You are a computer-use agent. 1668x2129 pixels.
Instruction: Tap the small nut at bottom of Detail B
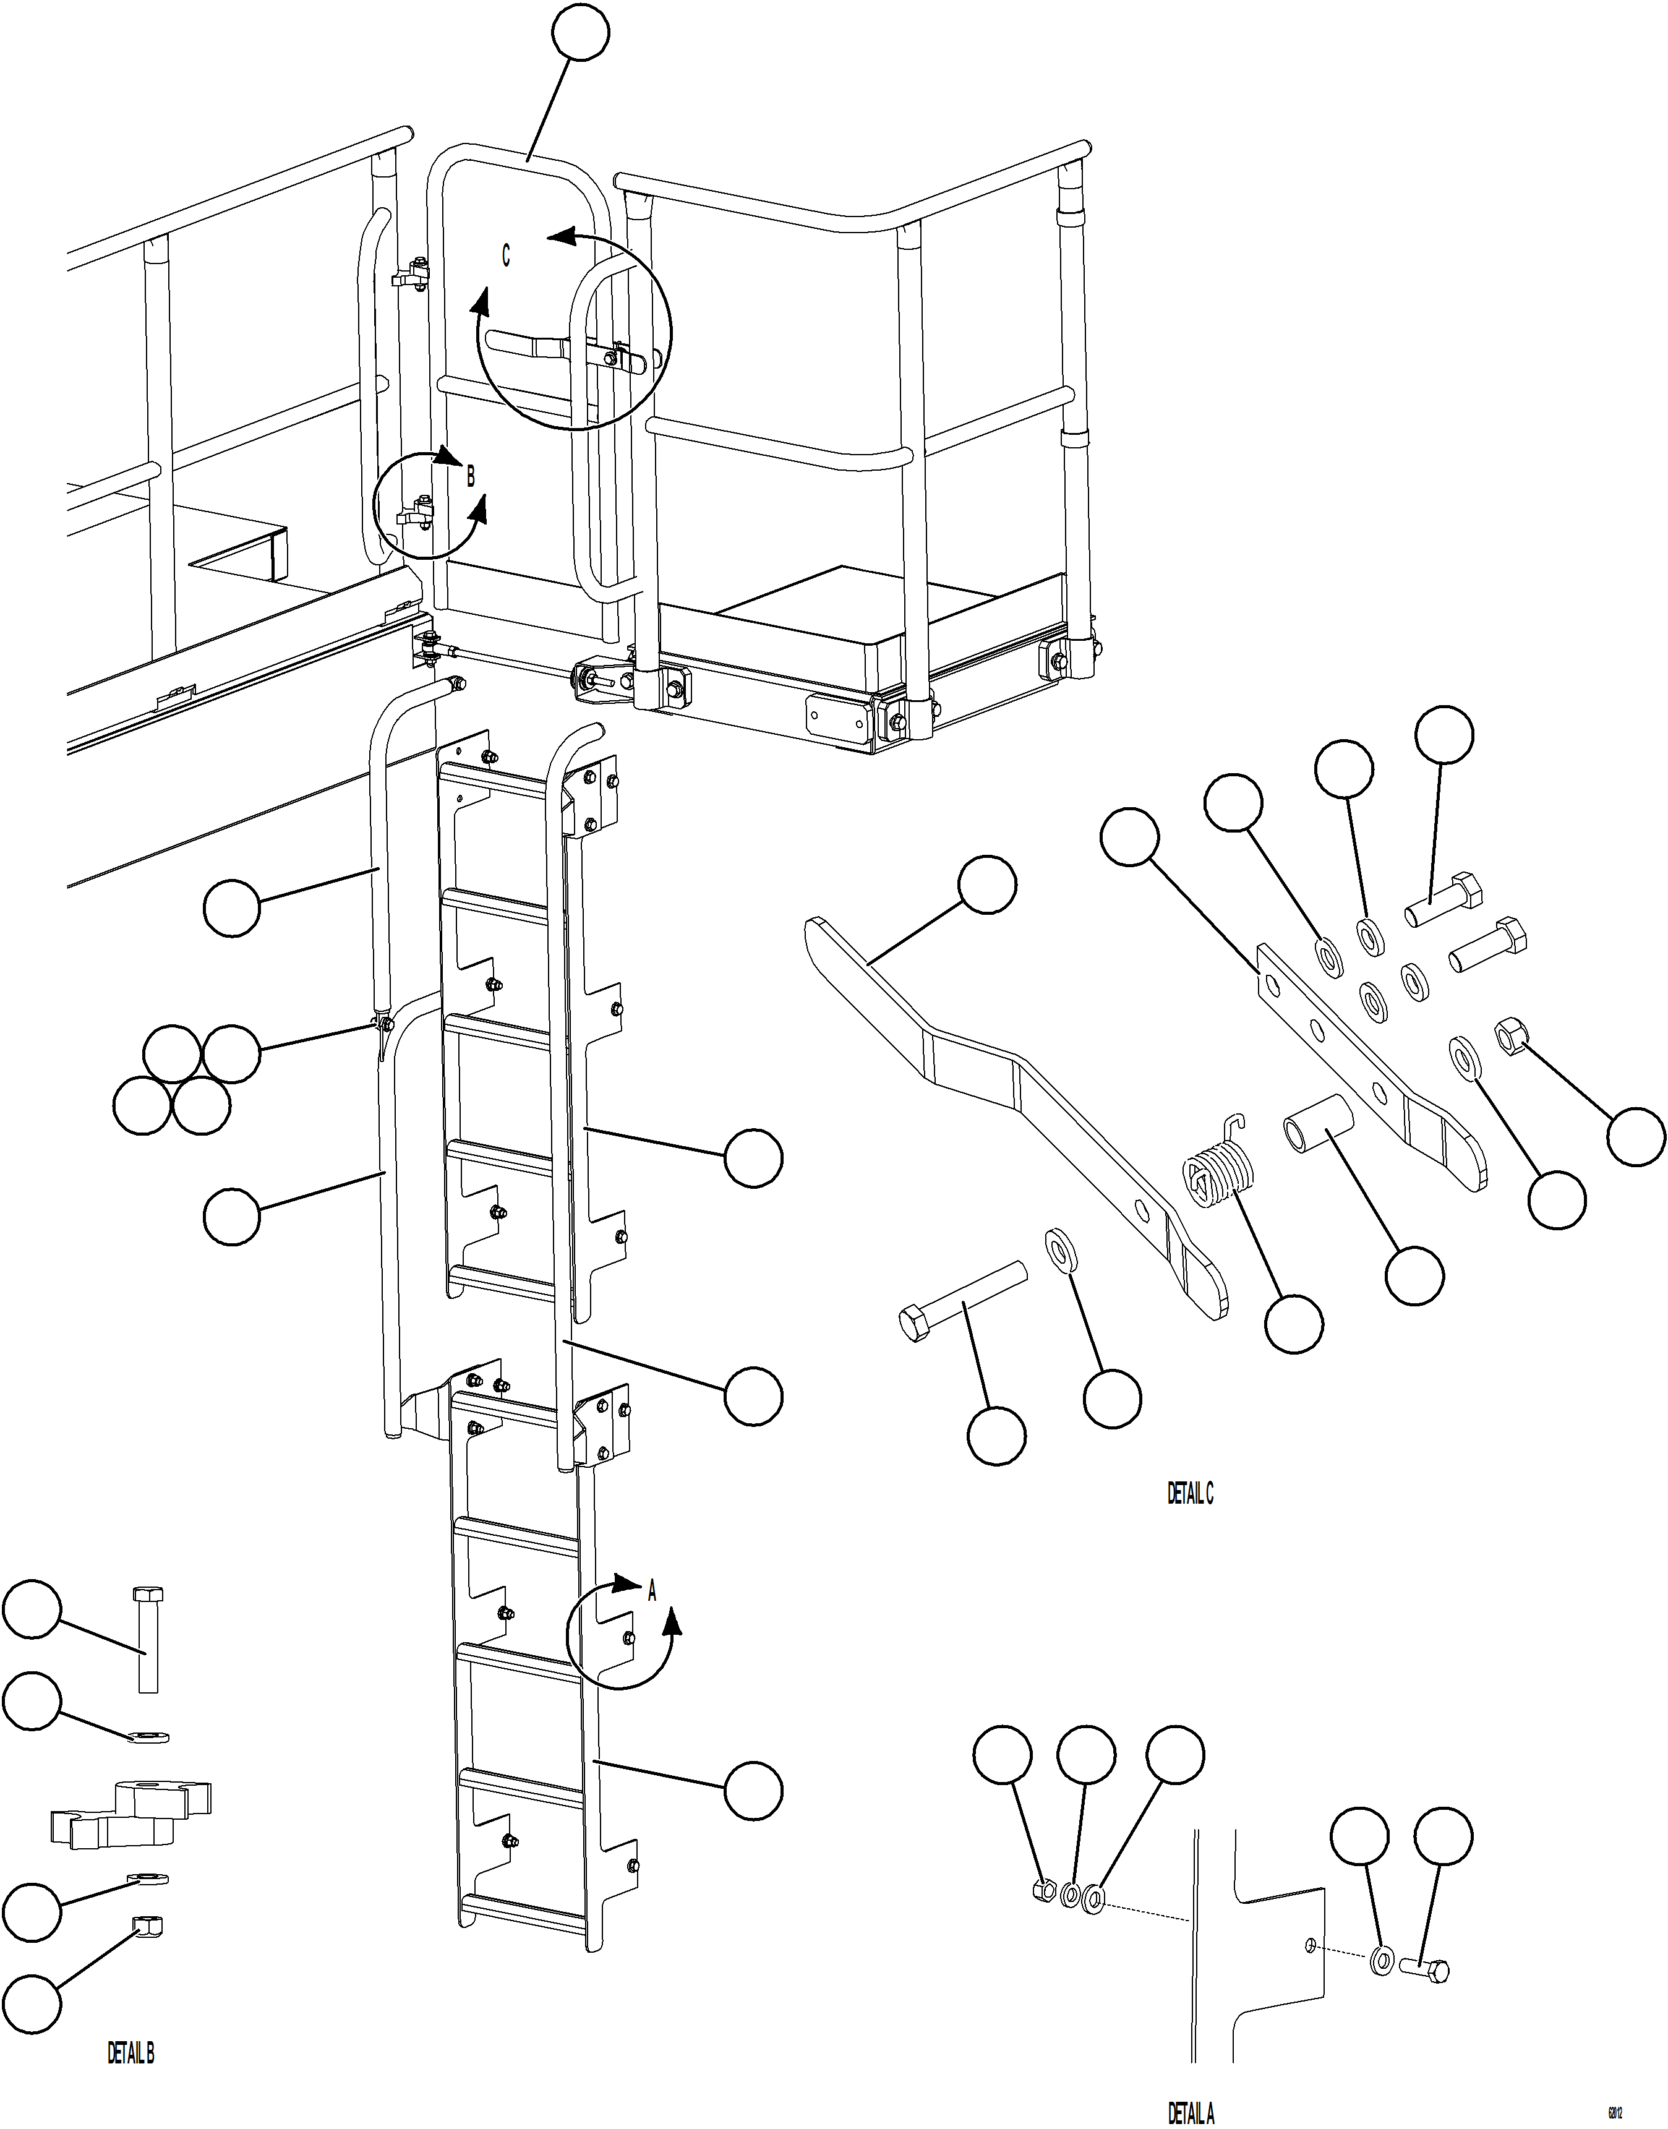[x=147, y=1926]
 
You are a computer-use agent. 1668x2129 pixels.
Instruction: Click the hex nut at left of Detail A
[x=1042, y=1889]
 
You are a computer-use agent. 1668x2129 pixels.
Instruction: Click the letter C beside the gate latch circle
[x=506, y=255]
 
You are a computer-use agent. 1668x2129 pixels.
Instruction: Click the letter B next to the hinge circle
[x=471, y=477]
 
